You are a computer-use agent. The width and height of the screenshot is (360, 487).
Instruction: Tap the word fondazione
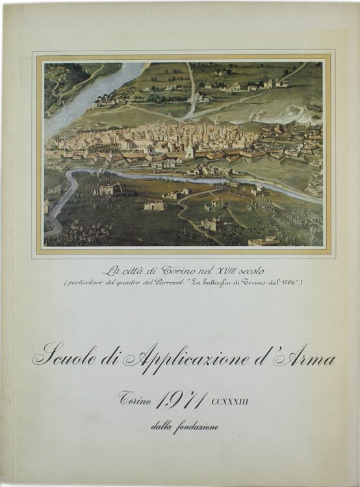point(196,427)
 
